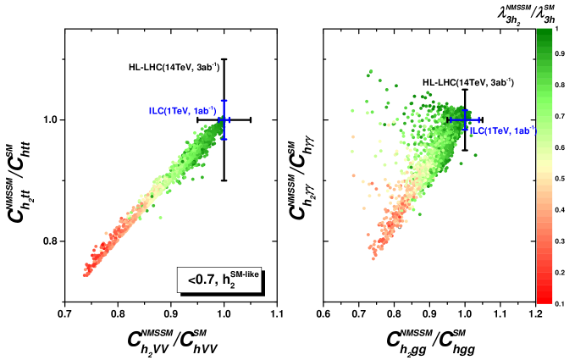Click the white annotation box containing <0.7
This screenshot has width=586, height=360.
[218, 280]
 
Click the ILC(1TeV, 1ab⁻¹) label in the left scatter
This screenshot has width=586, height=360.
[182, 111]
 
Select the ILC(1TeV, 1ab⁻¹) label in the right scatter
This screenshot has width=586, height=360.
[503, 130]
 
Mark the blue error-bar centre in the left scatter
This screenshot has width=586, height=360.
[224, 120]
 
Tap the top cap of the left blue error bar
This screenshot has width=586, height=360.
[224, 101]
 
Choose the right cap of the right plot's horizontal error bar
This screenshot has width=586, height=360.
[479, 119]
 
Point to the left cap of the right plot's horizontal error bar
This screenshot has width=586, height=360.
[450, 119]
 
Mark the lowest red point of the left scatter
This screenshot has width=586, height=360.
[85, 274]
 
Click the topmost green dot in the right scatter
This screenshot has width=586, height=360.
[370, 73]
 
